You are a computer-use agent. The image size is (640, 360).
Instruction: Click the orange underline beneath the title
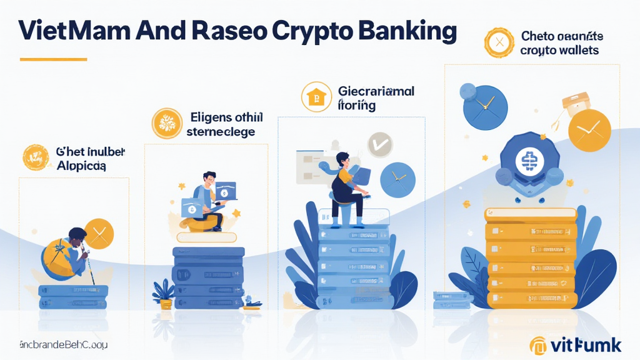point(53,59)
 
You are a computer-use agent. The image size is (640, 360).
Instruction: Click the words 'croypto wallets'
point(559,50)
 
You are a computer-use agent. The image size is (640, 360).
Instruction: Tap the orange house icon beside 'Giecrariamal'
point(315,97)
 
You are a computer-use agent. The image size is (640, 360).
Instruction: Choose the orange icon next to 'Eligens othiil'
point(167,123)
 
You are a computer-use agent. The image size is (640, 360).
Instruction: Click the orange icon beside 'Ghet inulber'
point(36,157)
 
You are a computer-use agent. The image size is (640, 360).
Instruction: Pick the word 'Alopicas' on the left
point(81,166)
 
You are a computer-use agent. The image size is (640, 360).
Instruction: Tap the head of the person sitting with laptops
point(209,180)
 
